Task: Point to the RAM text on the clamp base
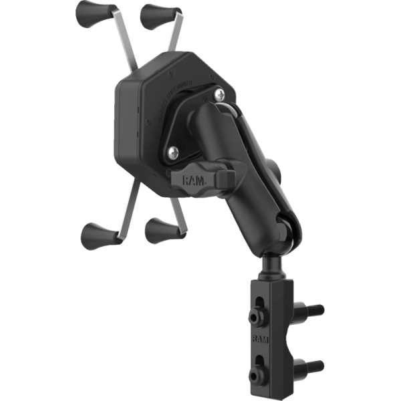[259, 340]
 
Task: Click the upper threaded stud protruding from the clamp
[314, 309]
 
